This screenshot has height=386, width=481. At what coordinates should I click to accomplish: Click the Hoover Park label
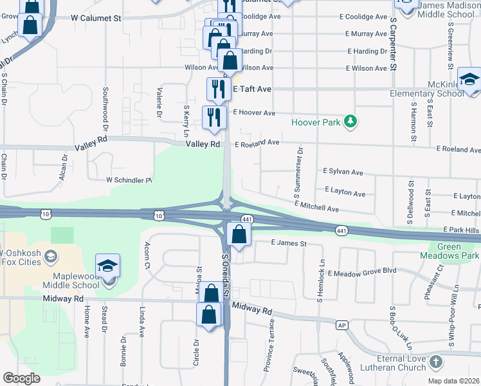[316, 122]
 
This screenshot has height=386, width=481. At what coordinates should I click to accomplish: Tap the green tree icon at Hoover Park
[350, 121]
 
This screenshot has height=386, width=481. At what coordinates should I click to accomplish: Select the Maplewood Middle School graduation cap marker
[108, 266]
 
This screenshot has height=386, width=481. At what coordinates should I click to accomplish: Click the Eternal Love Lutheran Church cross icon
[436, 362]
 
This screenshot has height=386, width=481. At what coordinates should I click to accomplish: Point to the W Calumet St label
[96, 19]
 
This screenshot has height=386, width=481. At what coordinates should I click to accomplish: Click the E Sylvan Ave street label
[343, 172]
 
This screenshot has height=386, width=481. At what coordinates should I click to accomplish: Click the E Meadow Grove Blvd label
[361, 273]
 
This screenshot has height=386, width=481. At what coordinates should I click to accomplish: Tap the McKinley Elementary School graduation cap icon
[470, 79]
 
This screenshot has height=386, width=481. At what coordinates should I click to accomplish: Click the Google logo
[21, 378]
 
